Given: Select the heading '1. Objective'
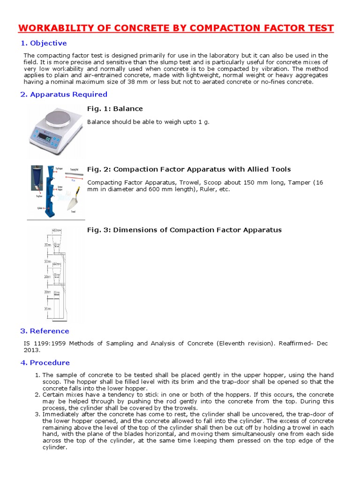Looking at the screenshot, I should [x=44, y=43].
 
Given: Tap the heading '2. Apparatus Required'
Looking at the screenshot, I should [x=64, y=94].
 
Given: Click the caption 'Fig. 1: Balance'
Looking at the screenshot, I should [x=115, y=109].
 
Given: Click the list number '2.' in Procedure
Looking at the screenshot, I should [x=38, y=395].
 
